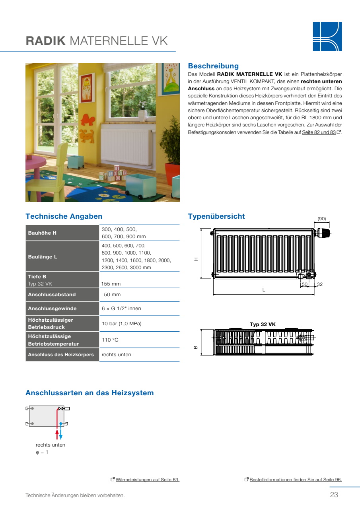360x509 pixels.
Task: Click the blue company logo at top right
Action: (x=327, y=36)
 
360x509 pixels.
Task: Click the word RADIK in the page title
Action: (x=45, y=41)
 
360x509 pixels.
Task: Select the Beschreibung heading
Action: (x=213, y=66)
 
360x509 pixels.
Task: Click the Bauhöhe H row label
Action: (x=42, y=233)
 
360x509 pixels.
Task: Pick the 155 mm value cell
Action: (x=111, y=284)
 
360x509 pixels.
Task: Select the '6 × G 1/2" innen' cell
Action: (x=121, y=309)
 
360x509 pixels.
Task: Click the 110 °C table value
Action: (x=110, y=340)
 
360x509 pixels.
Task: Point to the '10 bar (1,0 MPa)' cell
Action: (x=122, y=324)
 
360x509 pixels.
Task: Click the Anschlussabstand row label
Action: (x=52, y=295)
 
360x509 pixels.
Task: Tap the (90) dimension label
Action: (x=321, y=219)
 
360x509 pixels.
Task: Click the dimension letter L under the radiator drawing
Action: (x=263, y=290)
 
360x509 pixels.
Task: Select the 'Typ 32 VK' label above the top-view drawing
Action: (x=263, y=324)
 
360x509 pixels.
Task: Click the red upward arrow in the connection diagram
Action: (x=57, y=433)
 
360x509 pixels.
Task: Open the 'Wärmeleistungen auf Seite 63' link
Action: (x=147, y=480)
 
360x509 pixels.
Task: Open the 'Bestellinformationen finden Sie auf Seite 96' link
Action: (x=296, y=480)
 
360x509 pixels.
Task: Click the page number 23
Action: (x=334, y=495)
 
